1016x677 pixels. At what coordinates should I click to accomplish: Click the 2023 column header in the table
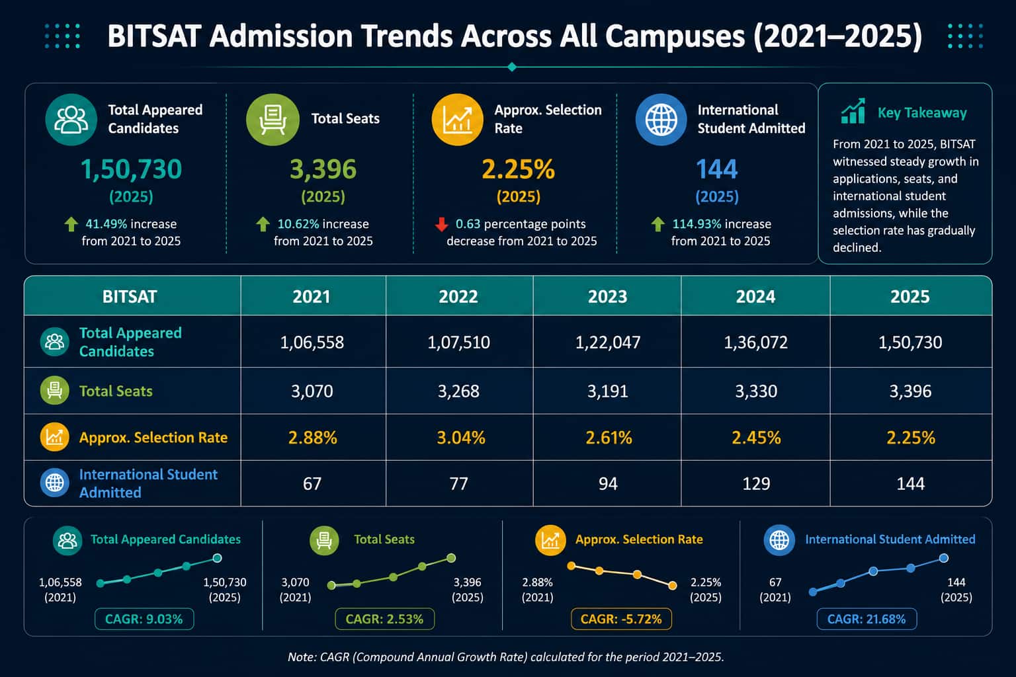tap(607, 297)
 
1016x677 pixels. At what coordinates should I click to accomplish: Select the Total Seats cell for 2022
tap(458, 391)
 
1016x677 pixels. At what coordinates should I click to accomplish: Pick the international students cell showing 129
tap(756, 484)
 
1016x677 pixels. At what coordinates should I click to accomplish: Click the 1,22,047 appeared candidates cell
tap(608, 342)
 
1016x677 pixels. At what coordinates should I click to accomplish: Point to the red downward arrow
tap(441, 224)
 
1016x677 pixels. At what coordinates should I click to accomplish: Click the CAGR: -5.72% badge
tap(621, 619)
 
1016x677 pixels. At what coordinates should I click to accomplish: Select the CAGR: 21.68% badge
tap(867, 619)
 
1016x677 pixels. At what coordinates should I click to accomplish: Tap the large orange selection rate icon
tap(457, 120)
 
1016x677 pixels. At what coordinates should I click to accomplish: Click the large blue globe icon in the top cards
tap(661, 120)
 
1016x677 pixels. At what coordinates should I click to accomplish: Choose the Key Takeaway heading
tap(922, 112)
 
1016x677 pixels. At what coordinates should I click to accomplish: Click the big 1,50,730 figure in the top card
tap(131, 169)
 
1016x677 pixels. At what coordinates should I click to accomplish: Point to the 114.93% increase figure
tap(697, 224)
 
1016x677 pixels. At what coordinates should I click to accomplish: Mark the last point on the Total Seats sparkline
tap(451, 558)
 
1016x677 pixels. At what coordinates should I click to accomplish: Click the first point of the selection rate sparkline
tap(571, 566)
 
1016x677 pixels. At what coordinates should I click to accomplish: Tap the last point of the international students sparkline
tap(944, 558)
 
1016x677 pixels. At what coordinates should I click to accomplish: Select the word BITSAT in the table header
tap(130, 297)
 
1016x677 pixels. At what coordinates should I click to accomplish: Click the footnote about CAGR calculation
tap(506, 657)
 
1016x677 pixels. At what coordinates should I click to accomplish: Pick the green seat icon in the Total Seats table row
tap(54, 391)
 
